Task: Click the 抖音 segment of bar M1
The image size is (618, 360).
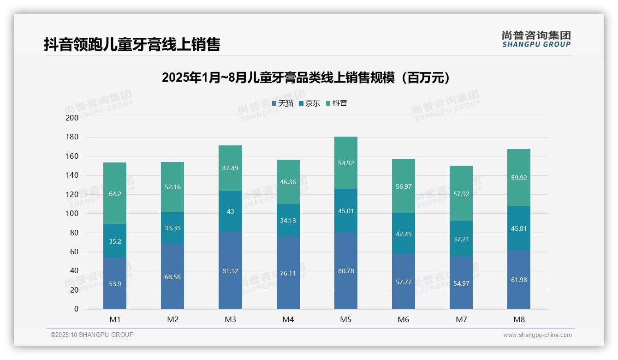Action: point(115,193)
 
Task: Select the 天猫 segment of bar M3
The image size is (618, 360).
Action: point(230,270)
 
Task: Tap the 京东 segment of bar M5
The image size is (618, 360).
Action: point(345,210)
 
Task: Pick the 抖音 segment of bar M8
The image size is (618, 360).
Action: point(518,178)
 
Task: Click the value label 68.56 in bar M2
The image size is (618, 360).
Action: point(172,277)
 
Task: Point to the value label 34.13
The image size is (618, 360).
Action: point(288,221)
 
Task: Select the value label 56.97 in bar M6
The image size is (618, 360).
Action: point(403,186)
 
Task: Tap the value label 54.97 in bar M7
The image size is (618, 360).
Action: point(461,283)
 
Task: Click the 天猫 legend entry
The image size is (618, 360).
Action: point(282,103)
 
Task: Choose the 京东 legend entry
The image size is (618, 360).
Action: point(309,103)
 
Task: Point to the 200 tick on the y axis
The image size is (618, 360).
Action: point(72,118)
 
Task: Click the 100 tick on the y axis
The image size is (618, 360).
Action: point(72,214)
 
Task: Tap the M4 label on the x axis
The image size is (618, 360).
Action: point(288,320)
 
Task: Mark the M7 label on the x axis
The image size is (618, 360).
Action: point(461,320)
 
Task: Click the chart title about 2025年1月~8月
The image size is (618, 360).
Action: point(306,78)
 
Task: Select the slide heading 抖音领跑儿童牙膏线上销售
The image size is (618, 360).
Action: point(132,44)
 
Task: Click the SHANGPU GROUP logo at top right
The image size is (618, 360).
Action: point(536,39)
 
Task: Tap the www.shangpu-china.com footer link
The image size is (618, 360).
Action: point(537,335)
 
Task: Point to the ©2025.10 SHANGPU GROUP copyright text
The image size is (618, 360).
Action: point(92,335)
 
